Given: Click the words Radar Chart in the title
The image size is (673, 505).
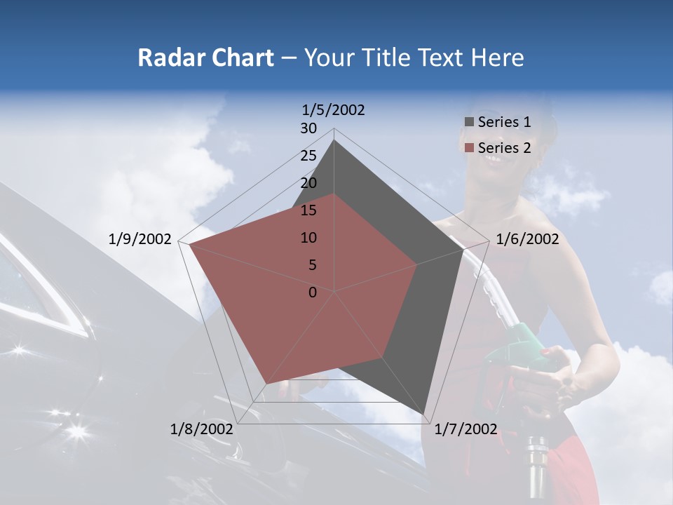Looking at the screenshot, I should pyautogui.click(x=205, y=58).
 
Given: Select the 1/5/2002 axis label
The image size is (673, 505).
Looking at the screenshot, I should pyautogui.click(x=333, y=109).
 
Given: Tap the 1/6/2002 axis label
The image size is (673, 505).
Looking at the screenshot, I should pyautogui.click(x=527, y=239).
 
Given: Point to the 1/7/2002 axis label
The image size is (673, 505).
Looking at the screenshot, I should pyautogui.click(x=465, y=429).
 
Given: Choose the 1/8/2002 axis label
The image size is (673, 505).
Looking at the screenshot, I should pyautogui.click(x=201, y=429).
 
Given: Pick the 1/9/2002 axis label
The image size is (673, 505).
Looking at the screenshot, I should pyautogui.click(x=140, y=239).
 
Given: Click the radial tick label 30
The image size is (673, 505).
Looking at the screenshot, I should pyautogui.click(x=308, y=128).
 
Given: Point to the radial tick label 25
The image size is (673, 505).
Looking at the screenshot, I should pyautogui.click(x=308, y=156).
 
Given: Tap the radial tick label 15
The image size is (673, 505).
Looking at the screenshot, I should pyautogui.click(x=308, y=210).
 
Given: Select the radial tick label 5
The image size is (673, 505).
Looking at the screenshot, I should pyautogui.click(x=312, y=265).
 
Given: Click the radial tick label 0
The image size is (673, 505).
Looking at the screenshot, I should pyautogui.click(x=313, y=292).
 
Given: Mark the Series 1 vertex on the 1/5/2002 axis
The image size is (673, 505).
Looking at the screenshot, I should pyautogui.click(x=334, y=140).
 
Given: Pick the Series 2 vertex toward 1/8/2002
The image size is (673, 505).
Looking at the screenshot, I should pyautogui.click(x=265, y=384).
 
